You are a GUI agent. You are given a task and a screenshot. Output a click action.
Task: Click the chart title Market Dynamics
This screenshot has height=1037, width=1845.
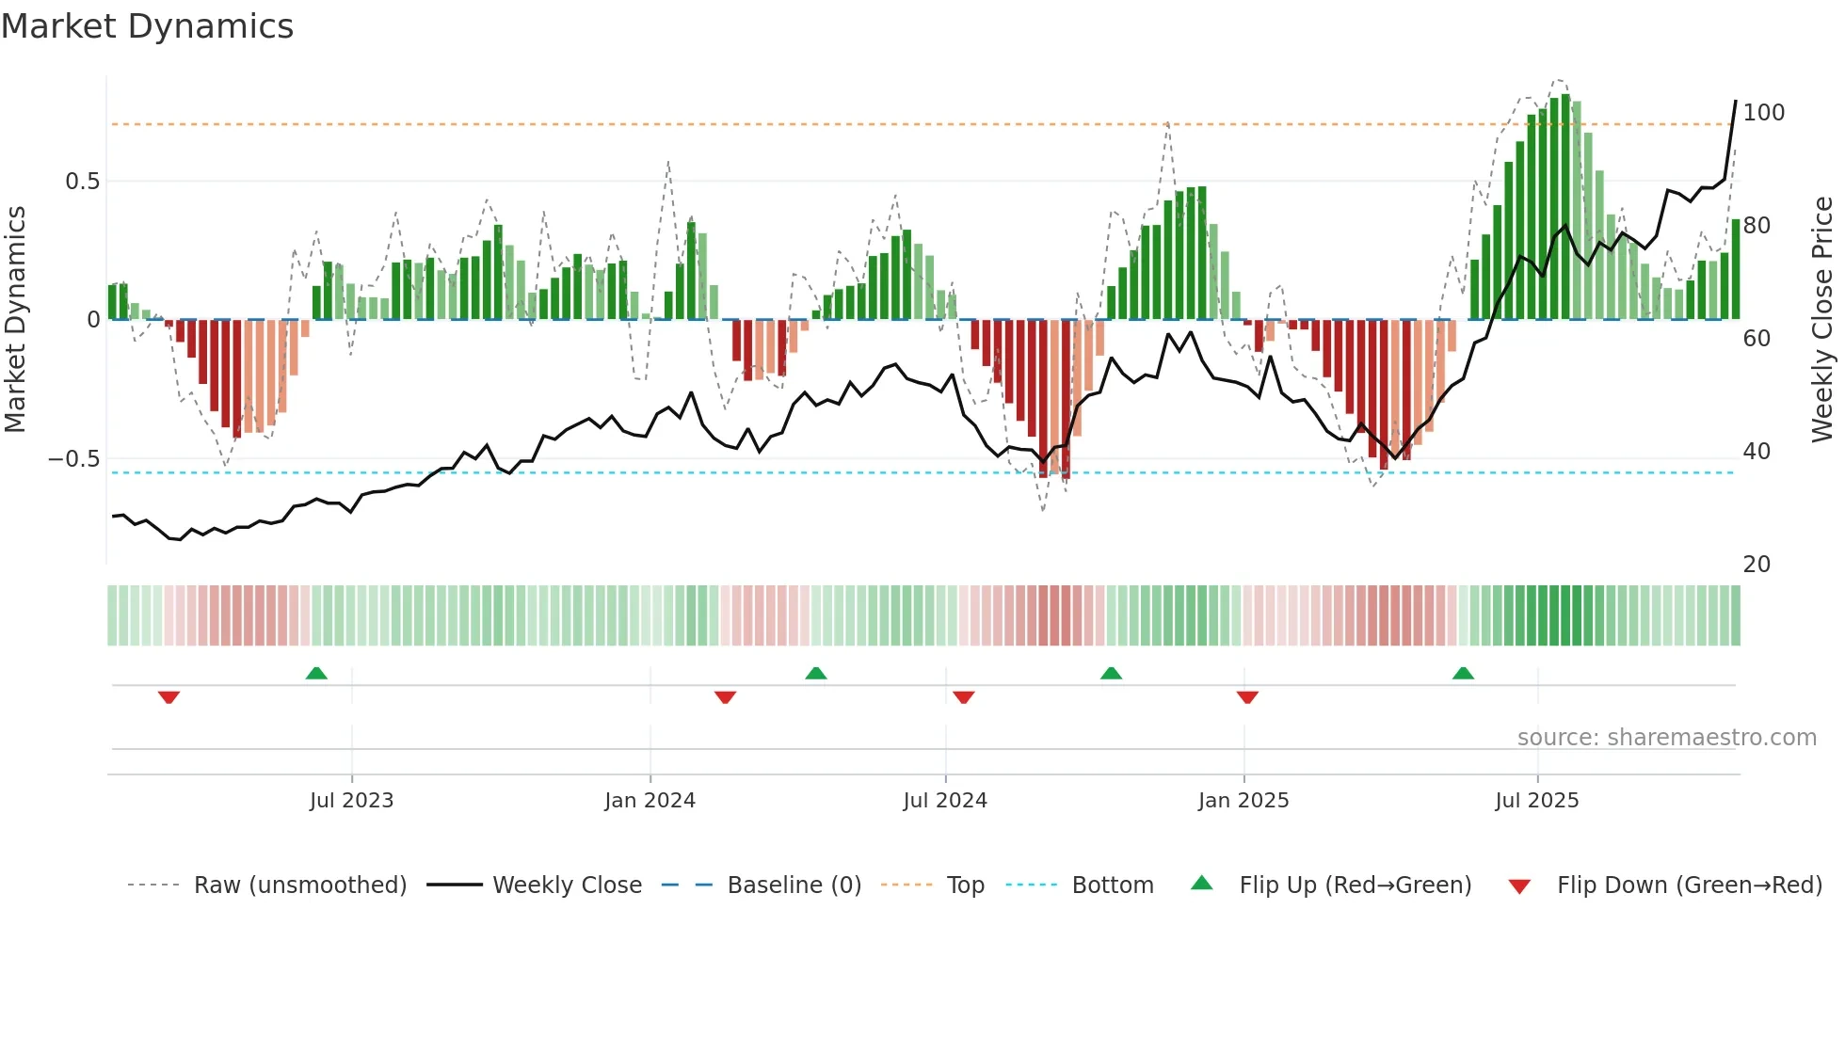[147, 26]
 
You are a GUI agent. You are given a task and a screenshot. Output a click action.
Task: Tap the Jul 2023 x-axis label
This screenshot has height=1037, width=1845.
[351, 801]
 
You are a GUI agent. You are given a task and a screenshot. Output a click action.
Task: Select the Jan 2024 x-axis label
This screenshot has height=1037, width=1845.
[650, 801]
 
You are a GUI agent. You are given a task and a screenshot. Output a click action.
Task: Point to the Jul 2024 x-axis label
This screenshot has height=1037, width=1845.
[945, 801]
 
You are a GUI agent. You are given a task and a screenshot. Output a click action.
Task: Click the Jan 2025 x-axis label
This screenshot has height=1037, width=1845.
[1243, 801]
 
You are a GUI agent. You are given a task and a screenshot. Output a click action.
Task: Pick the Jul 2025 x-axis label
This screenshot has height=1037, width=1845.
[1537, 801]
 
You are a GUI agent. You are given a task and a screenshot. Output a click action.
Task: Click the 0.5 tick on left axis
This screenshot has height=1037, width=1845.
[82, 182]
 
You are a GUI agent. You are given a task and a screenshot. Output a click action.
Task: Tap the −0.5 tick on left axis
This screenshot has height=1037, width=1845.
[74, 459]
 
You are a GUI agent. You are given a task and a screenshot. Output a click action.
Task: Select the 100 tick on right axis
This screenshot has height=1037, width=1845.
[1763, 113]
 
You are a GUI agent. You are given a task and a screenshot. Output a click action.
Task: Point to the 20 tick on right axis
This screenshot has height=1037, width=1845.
[1757, 565]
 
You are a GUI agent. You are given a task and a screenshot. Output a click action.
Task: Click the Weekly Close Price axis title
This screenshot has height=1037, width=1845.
[1822, 320]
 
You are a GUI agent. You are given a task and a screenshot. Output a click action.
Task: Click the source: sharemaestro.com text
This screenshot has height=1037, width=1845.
[1666, 738]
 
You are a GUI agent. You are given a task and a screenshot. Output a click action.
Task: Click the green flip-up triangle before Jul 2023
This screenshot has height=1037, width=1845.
[316, 674]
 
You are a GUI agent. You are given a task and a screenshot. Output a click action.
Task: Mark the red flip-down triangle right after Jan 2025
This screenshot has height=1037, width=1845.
[1247, 697]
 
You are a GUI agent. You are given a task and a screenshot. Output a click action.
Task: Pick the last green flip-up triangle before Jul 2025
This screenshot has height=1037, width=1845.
[1463, 674]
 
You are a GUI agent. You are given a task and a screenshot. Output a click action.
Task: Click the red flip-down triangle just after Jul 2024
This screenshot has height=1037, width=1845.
[963, 697]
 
